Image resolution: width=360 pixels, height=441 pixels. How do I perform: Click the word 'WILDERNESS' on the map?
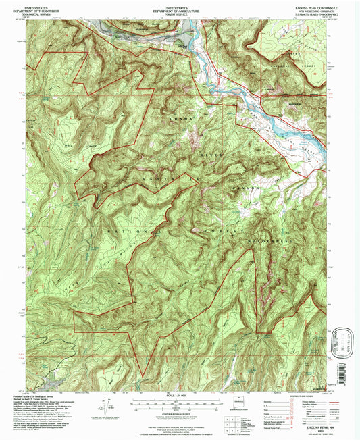[x=274, y=240]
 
